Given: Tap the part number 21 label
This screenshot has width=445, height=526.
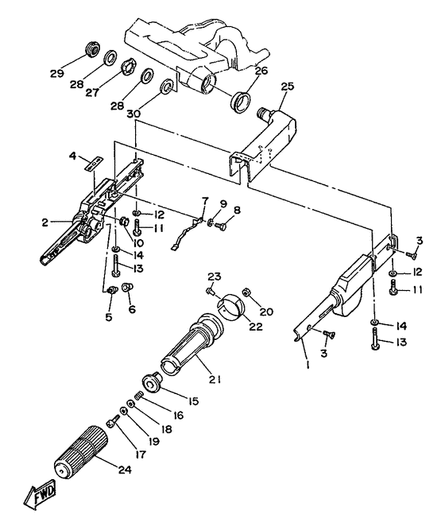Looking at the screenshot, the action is [x=215, y=380].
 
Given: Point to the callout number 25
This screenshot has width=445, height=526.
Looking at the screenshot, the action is [x=288, y=87].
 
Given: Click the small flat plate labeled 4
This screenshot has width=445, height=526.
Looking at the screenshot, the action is [x=93, y=164].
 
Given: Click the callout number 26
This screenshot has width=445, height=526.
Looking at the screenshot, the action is [x=261, y=71].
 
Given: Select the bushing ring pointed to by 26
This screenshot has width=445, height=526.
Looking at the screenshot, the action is [x=242, y=101].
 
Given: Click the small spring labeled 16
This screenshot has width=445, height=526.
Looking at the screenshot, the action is [x=138, y=396].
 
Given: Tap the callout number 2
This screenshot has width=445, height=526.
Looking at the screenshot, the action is [x=45, y=222].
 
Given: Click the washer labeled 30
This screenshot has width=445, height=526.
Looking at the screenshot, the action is [x=167, y=87].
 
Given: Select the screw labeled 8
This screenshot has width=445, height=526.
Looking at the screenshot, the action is [x=220, y=226].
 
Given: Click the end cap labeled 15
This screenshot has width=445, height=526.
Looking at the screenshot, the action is [x=152, y=381].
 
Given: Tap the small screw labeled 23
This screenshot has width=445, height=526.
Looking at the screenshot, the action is [x=211, y=290].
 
